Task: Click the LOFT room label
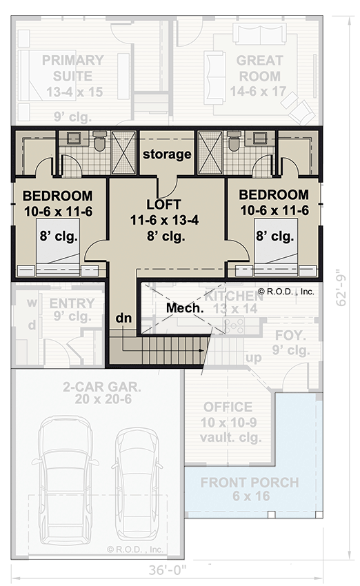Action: [x=164, y=205]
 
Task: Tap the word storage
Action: [x=166, y=154]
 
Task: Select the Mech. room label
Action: [x=184, y=308]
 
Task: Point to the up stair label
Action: [x=254, y=358]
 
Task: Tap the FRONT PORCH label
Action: [x=250, y=482]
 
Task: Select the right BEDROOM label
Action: [x=274, y=195]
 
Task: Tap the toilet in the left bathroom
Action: [x=99, y=142]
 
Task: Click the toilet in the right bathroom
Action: [x=233, y=142]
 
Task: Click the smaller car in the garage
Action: [x=137, y=483]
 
